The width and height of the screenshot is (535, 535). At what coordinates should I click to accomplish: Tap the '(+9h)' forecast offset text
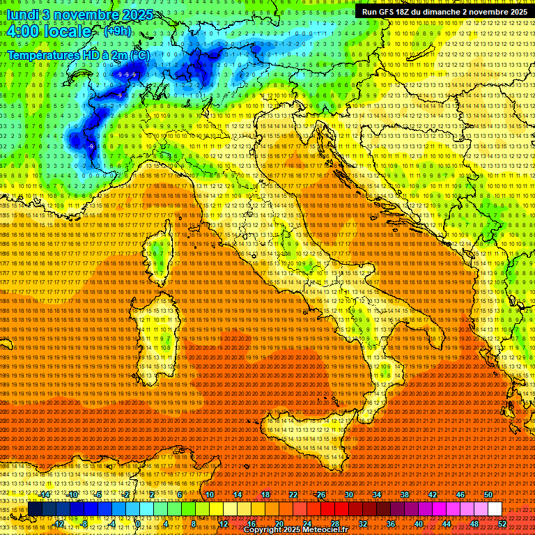(116, 31)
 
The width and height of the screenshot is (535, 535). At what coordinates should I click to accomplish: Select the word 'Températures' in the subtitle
(44, 54)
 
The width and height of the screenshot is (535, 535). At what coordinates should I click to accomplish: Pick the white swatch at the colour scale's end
(495, 509)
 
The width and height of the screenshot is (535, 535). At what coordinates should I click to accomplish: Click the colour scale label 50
(488, 495)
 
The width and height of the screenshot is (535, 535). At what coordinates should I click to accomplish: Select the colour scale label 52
(502, 523)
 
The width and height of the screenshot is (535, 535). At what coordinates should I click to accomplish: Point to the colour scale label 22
(293, 495)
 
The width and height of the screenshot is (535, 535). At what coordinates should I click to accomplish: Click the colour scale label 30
(349, 495)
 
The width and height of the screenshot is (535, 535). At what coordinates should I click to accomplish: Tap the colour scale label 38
(405, 495)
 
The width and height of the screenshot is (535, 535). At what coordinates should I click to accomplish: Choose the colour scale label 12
(224, 523)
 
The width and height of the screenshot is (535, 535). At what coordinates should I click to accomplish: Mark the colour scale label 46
(460, 495)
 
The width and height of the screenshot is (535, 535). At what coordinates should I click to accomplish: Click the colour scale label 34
(377, 495)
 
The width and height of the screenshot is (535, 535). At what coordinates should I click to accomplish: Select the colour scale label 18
(265, 495)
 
